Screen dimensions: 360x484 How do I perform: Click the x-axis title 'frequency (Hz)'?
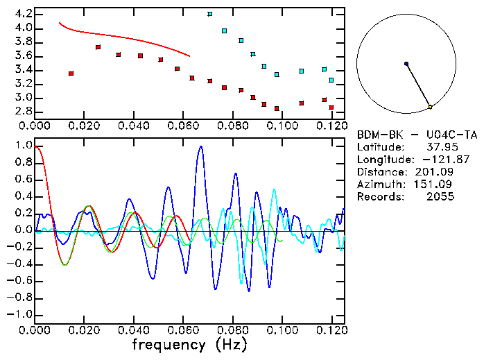189,344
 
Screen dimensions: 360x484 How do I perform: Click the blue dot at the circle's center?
406,64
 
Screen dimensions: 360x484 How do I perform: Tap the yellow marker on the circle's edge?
430,107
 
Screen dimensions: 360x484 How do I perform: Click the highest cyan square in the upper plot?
209,14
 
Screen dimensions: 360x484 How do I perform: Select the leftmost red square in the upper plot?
71,73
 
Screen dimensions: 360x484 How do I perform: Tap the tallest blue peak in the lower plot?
201,147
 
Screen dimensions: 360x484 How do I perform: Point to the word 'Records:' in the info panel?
379,197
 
